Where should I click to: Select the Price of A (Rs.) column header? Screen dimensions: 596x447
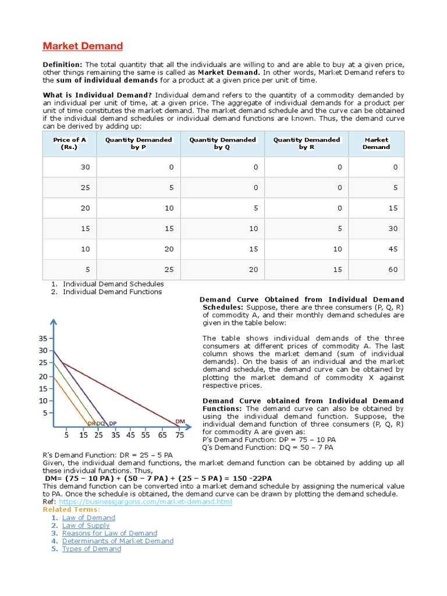tap(69, 143)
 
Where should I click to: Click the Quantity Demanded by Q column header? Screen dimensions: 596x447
tap(222, 143)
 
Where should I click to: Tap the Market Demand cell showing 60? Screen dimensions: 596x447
tap(393, 269)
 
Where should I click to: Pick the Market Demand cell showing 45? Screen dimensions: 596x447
tap(393, 249)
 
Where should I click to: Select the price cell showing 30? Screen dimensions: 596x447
tap(86, 168)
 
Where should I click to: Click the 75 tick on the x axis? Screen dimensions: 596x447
tap(179, 435)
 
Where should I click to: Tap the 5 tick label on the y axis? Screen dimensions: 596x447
tap(45, 413)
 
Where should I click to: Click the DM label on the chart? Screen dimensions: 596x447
tap(180, 421)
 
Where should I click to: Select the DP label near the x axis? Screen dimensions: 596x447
tap(112, 423)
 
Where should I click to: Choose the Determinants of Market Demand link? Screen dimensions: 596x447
tap(118, 541)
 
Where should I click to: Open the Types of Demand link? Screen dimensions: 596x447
tap(91, 549)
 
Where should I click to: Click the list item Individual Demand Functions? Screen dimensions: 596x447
tap(112, 292)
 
